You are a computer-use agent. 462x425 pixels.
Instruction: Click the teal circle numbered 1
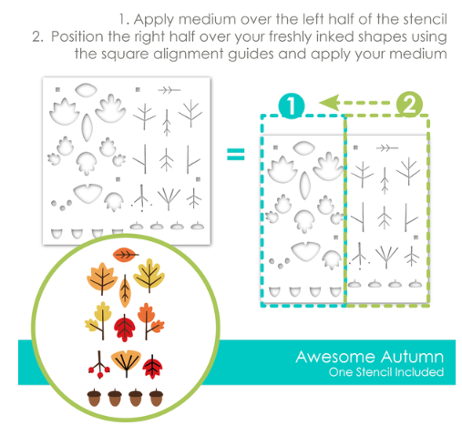pos(292,106)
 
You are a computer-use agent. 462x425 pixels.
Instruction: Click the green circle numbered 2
pos(409,105)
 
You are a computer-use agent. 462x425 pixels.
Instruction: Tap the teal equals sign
pos(236,154)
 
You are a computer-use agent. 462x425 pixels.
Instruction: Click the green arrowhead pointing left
pos(329,103)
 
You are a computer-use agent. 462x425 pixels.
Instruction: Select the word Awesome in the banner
pos(335,357)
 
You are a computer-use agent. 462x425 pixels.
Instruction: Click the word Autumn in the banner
pos(413,357)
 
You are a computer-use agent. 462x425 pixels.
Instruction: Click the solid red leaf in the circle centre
pos(124,328)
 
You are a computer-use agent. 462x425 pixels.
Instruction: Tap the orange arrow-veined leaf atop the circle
pos(125,255)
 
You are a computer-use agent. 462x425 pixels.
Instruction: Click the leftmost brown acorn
pos(94,397)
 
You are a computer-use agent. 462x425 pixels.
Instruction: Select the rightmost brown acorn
pos(156,397)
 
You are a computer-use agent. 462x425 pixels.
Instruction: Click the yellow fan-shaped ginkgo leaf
pos(126,362)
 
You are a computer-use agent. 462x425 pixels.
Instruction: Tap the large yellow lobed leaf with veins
pos(149,276)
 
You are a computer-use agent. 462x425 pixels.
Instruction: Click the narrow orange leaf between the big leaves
pos(125,291)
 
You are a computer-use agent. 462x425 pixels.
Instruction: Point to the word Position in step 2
pos(77,36)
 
